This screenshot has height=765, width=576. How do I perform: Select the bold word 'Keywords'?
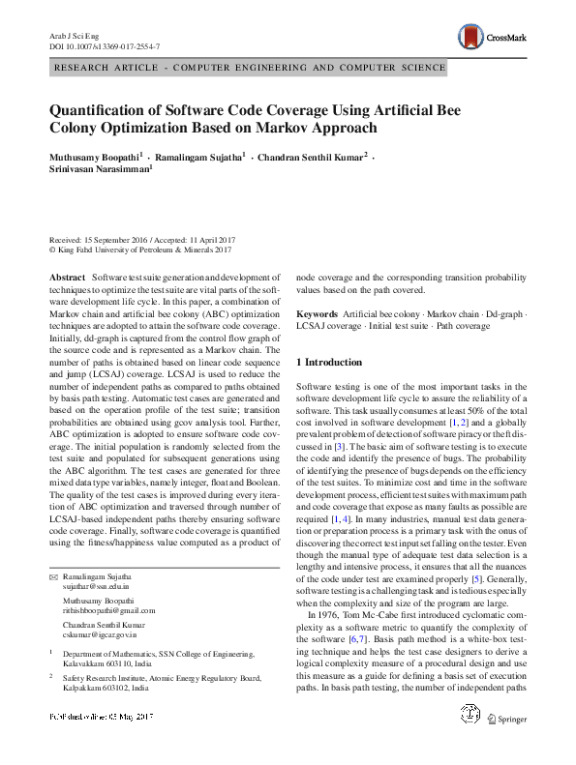[x=316, y=315]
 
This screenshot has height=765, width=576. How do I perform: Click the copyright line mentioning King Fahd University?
[x=140, y=249]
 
